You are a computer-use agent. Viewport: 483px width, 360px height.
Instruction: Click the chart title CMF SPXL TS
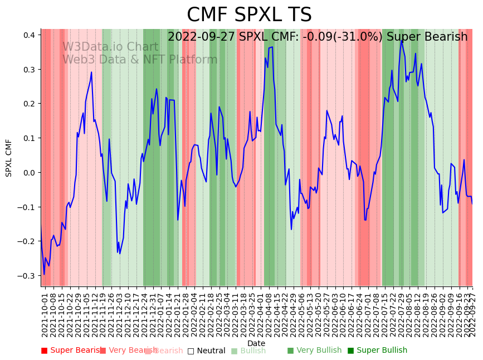point(249,15)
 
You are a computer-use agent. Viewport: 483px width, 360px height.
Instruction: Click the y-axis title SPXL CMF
point(9,158)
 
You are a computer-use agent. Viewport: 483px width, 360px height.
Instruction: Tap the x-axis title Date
point(256,343)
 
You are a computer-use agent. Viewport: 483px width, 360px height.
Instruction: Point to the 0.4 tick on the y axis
point(30,35)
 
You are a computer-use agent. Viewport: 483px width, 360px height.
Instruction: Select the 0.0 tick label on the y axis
point(30,172)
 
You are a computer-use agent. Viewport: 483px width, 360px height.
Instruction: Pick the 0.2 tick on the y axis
point(30,104)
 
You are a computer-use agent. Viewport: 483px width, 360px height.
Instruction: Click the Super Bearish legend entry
point(72,351)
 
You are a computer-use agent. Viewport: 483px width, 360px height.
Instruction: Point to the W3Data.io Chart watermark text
point(110,47)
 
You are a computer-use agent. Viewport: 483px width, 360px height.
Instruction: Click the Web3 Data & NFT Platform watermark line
point(139,60)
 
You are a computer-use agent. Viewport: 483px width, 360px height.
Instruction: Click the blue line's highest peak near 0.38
point(402,40)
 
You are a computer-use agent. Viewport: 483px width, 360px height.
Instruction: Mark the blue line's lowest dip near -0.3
point(45,274)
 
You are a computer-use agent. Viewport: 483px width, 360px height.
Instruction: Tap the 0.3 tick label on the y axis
point(30,70)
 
